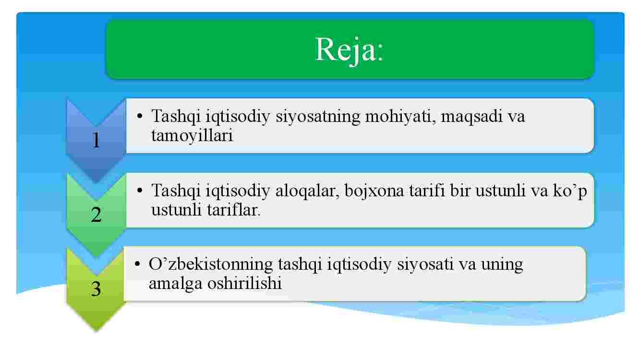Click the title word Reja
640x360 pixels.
click(345, 50)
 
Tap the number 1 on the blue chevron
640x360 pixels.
click(97, 140)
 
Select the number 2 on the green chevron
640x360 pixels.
click(97, 215)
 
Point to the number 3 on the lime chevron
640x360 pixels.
click(96, 289)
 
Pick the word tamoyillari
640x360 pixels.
click(192, 135)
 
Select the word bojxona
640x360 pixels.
click(374, 192)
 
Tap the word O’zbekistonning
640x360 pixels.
click(211, 264)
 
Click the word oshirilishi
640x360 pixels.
click(244, 283)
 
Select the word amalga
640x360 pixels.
click(175, 284)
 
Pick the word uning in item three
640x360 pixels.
click(502, 265)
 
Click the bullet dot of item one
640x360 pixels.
click(140, 116)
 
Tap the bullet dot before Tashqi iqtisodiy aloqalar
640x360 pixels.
click(140, 190)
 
